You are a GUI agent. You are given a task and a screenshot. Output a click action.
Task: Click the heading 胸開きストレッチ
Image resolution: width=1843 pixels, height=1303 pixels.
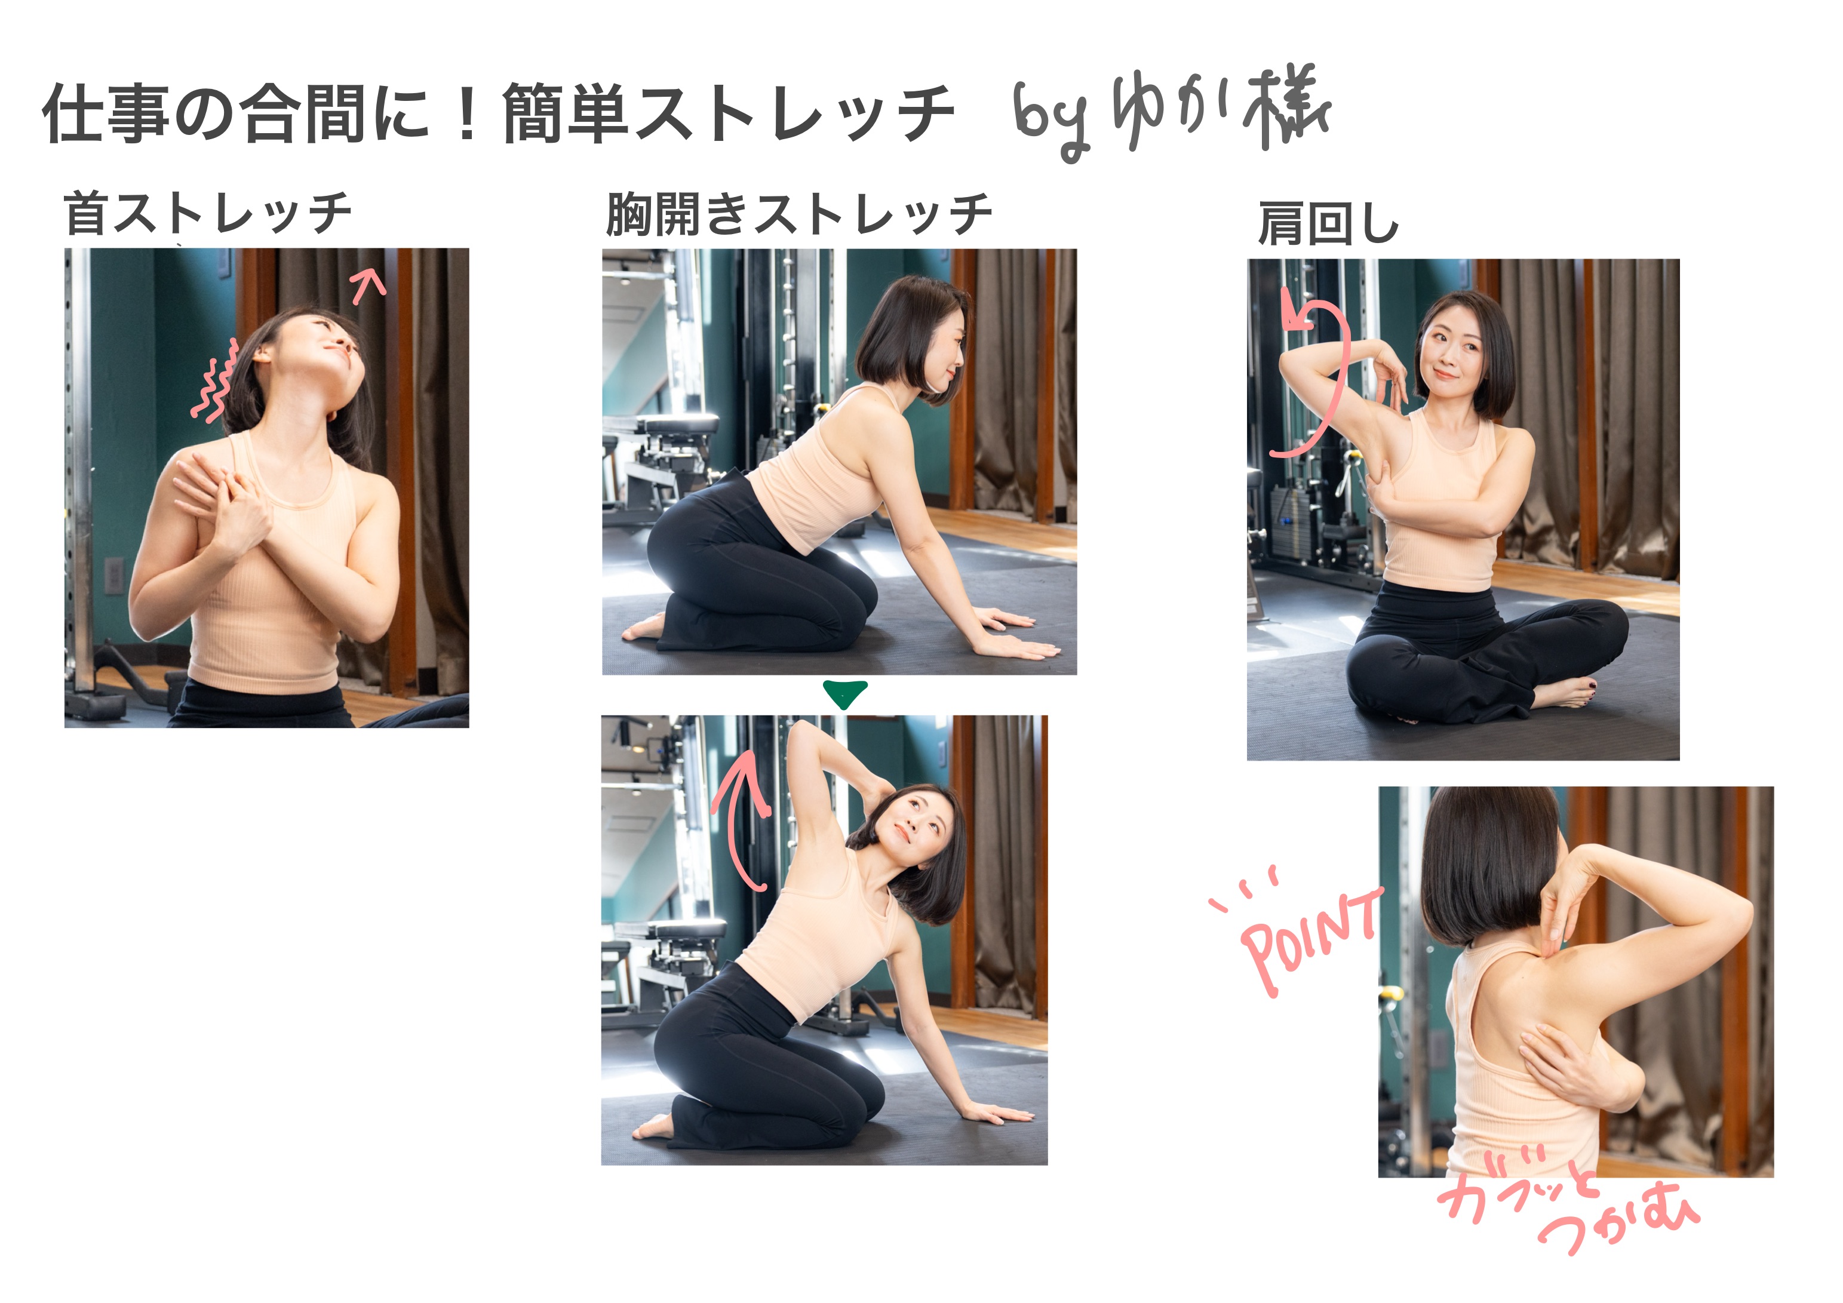[798, 214]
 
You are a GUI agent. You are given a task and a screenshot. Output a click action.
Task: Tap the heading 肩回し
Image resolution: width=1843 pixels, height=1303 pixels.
[1328, 223]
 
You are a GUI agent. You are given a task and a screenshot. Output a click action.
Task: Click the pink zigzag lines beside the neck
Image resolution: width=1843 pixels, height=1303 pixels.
[215, 380]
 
